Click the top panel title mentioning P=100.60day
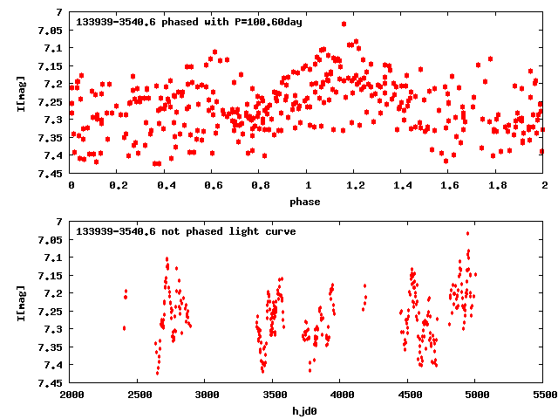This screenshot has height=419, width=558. tap(189, 22)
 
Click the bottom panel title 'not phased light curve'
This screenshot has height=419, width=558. tap(186, 231)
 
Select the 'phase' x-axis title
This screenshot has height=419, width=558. tap(304, 202)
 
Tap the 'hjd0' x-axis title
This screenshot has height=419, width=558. tap(304, 411)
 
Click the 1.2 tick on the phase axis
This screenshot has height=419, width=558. tap(355, 185)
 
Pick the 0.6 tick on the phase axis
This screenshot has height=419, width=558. tap(213, 185)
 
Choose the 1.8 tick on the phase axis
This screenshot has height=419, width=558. tap(497, 185)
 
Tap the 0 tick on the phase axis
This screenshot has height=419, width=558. tap(71, 185)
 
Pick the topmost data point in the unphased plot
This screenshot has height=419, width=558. tap(467, 233)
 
